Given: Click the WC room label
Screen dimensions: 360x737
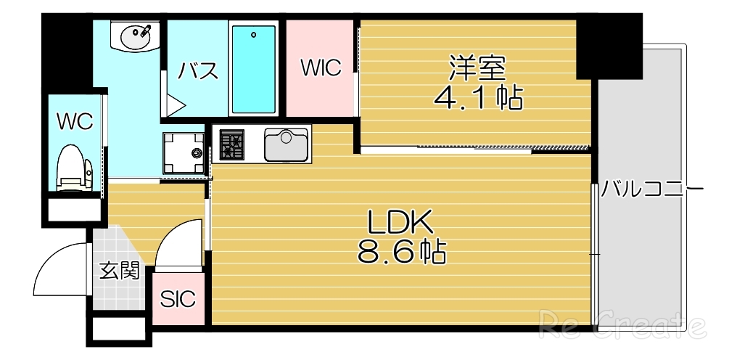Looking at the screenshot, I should click(75, 122).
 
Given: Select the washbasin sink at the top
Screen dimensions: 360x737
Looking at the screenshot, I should click(134, 36).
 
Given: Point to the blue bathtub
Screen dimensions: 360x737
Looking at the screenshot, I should click(253, 68).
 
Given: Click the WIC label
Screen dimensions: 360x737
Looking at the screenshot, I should click(321, 68).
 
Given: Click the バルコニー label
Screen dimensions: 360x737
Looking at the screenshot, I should click(652, 190).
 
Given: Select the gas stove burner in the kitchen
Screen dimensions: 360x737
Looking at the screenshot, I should click(233, 143).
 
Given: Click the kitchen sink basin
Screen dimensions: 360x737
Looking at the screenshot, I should click(287, 144).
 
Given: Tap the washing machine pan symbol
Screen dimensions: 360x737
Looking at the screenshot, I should click(184, 152).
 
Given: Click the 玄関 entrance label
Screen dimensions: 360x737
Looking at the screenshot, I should click(119, 271).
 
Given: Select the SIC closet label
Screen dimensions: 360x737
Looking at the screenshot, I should click(178, 299).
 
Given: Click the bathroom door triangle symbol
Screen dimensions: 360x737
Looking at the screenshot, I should click(174, 105).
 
